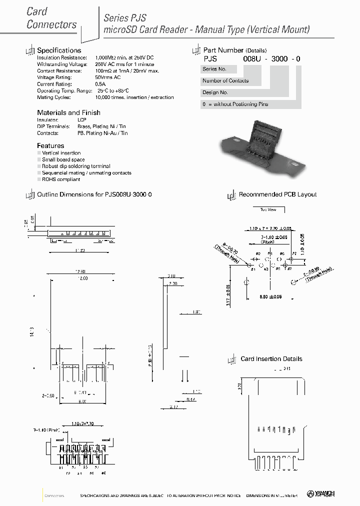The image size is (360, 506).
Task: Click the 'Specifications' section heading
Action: click(x=59, y=50)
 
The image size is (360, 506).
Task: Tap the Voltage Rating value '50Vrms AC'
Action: click(x=107, y=77)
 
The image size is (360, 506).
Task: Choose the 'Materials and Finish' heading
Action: click(x=68, y=112)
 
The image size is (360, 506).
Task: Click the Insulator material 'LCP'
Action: click(x=81, y=120)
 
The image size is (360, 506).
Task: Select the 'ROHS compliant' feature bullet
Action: click(x=61, y=179)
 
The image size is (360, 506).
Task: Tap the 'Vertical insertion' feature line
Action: click(x=61, y=153)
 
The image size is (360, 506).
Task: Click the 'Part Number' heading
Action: click(x=223, y=50)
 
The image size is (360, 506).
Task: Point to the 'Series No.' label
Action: click(x=214, y=69)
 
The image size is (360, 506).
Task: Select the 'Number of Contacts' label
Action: click(x=225, y=81)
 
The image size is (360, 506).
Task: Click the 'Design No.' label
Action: click(x=215, y=92)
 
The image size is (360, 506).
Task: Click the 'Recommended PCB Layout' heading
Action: click(x=277, y=194)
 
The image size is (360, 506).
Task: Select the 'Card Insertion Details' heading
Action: click(x=271, y=359)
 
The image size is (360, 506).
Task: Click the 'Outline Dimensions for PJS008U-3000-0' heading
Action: click(x=94, y=194)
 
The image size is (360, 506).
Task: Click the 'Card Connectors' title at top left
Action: click(x=51, y=18)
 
